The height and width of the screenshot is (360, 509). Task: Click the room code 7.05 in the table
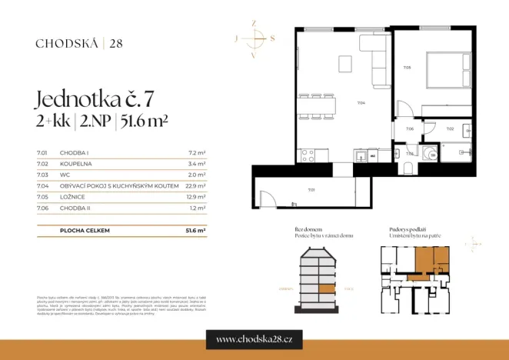[x=42, y=196]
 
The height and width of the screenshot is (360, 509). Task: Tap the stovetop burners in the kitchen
[x=307, y=155]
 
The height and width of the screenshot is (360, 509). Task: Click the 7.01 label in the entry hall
[x=311, y=189]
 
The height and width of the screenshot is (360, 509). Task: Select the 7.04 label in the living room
[x=361, y=102]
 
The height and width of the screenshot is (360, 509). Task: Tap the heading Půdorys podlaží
[x=408, y=230]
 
